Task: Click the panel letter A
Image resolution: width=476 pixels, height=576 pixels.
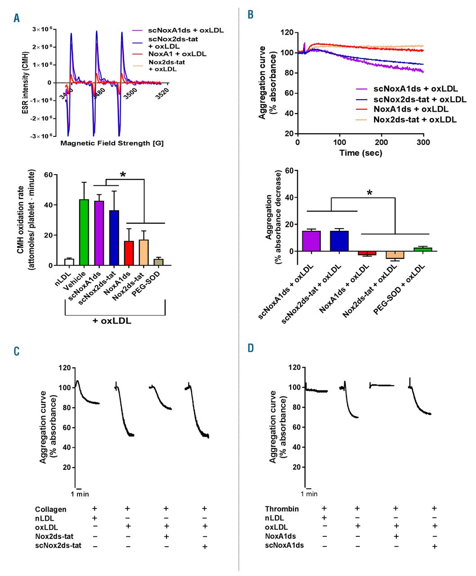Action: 17,18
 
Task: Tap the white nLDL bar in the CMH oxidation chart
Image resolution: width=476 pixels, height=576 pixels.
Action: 69,262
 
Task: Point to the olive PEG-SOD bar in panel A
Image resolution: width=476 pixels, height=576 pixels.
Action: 158,262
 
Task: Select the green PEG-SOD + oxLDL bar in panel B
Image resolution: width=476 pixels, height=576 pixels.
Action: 422,249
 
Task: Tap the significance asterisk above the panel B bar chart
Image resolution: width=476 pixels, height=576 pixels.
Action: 369,193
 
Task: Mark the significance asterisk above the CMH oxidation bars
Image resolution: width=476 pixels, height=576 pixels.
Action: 123,175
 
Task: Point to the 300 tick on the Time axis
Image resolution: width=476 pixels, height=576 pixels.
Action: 423,142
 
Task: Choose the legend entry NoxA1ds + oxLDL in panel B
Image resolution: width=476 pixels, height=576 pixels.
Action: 410,109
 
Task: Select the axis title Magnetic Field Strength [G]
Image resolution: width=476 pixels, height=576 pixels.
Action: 112,143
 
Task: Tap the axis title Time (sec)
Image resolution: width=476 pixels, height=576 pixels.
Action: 361,153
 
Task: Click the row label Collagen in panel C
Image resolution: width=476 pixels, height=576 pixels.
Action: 50,509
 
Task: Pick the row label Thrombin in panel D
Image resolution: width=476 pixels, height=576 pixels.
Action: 282,509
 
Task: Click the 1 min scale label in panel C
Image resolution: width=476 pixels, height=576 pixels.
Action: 80,494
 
